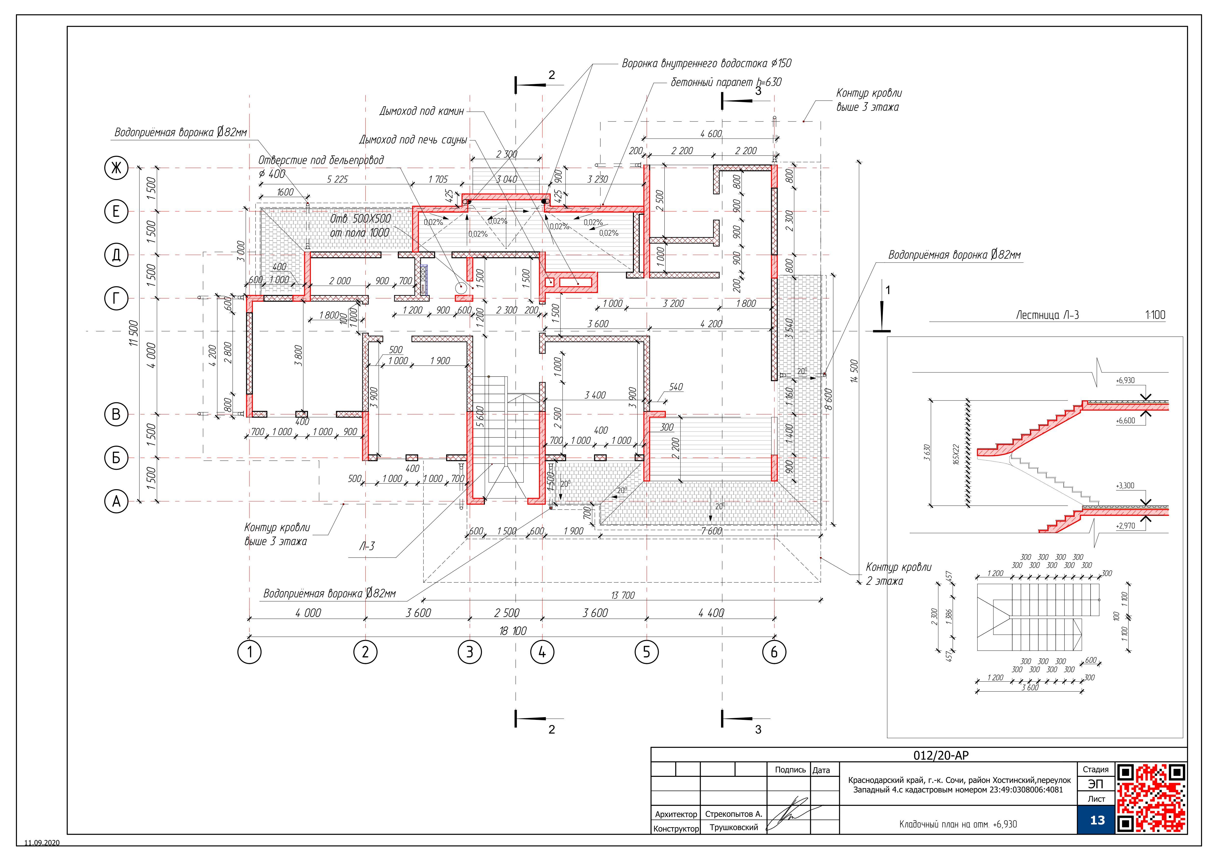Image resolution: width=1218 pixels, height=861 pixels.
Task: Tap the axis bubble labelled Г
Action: click(116, 299)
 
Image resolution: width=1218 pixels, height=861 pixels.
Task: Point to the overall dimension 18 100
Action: click(512, 631)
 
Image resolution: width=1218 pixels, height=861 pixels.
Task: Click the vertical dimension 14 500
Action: click(854, 372)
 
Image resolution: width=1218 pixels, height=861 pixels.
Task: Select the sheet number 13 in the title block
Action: click(1097, 820)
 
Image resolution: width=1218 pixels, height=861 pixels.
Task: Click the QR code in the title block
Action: click(1151, 797)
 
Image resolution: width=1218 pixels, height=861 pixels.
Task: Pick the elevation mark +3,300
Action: click(1125, 486)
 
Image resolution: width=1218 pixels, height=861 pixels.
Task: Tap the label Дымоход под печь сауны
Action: click(413, 140)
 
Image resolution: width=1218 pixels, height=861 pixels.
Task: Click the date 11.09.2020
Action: click(42, 842)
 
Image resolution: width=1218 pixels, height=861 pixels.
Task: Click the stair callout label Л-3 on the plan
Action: click(367, 546)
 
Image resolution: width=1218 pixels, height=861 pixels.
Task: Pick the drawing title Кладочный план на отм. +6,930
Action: click(958, 824)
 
